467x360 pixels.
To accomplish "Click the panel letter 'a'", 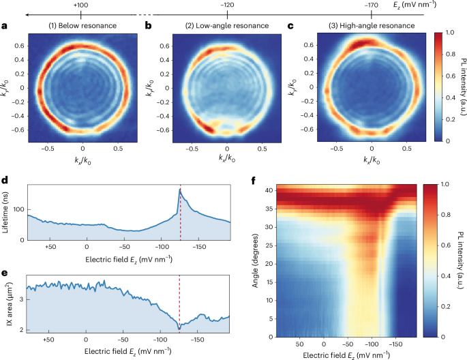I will point(5,27).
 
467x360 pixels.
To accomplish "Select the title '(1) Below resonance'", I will point(82,26).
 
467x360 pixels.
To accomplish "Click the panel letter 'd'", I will point(5,182).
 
